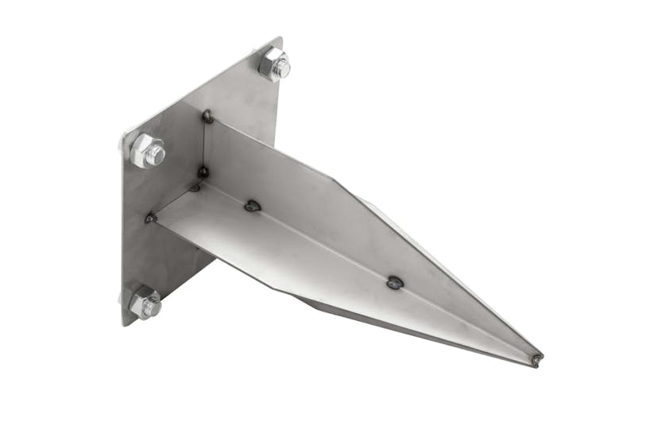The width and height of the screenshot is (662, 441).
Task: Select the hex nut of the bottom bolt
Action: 143,304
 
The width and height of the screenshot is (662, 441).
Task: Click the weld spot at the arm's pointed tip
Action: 537,359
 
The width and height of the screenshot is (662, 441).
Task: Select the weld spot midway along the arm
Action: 395,281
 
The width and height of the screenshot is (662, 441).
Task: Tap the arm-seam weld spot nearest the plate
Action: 253,206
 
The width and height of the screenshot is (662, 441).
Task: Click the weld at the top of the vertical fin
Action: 207,116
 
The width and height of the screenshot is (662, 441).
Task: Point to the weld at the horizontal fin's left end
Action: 149,217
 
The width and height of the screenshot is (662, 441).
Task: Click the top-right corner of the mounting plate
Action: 281,38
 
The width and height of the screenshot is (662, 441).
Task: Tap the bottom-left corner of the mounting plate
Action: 125,324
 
